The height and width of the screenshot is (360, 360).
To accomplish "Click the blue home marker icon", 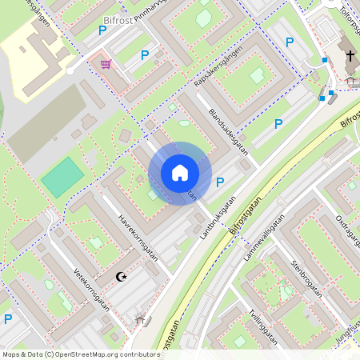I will (180, 173).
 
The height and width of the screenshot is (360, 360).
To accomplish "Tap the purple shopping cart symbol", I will (106, 64).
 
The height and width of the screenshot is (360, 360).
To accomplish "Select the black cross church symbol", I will (350, 56).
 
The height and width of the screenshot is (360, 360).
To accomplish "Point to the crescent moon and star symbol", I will (122, 277).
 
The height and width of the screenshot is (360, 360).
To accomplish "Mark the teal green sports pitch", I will (62, 177).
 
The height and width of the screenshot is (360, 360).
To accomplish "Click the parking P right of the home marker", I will (220, 182).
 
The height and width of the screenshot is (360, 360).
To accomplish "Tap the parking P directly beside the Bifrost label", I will (102, 30).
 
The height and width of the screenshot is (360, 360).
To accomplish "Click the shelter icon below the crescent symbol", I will (142, 321).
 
